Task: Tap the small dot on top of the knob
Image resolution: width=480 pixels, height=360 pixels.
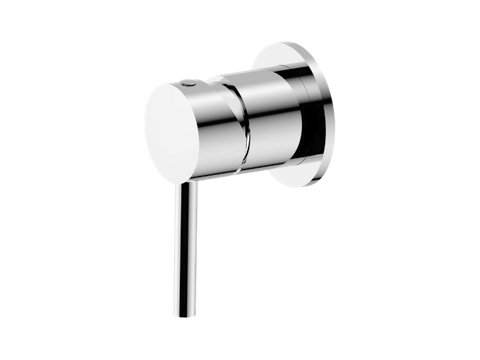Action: point(192,87)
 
